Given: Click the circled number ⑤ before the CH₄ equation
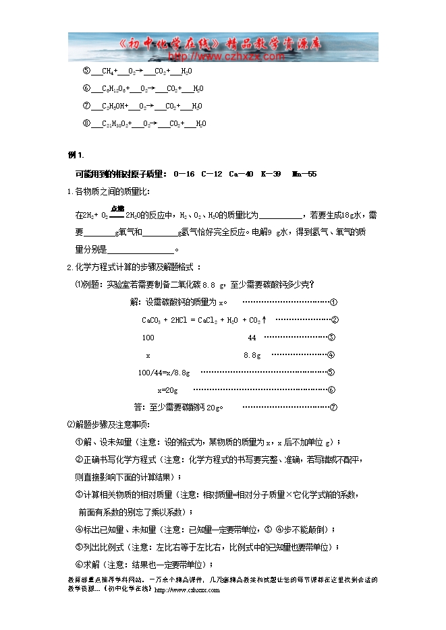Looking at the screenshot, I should click(x=86, y=71).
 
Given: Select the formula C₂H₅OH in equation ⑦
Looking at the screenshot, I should click(x=113, y=106).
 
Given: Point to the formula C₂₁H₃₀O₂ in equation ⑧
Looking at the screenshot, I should click(x=115, y=124).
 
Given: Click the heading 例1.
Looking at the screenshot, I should click(x=76, y=156).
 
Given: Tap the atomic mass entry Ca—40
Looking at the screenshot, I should click(x=241, y=174).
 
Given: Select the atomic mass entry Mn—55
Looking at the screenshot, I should click(x=304, y=174).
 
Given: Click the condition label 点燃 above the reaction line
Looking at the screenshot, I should click(x=117, y=209).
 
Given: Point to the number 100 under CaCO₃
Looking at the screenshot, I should click(x=148, y=338).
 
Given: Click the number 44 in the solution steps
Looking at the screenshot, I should click(x=252, y=338).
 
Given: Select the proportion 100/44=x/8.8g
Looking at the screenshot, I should click(x=163, y=373).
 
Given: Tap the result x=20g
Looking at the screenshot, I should click(x=167, y=390).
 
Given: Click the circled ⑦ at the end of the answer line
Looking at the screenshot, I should click(x=333, y=408).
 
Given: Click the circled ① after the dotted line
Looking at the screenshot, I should click(x=333, y=303).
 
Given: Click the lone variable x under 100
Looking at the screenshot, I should click(x=148, y=355).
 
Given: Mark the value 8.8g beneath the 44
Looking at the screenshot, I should click(x=252, y=355).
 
